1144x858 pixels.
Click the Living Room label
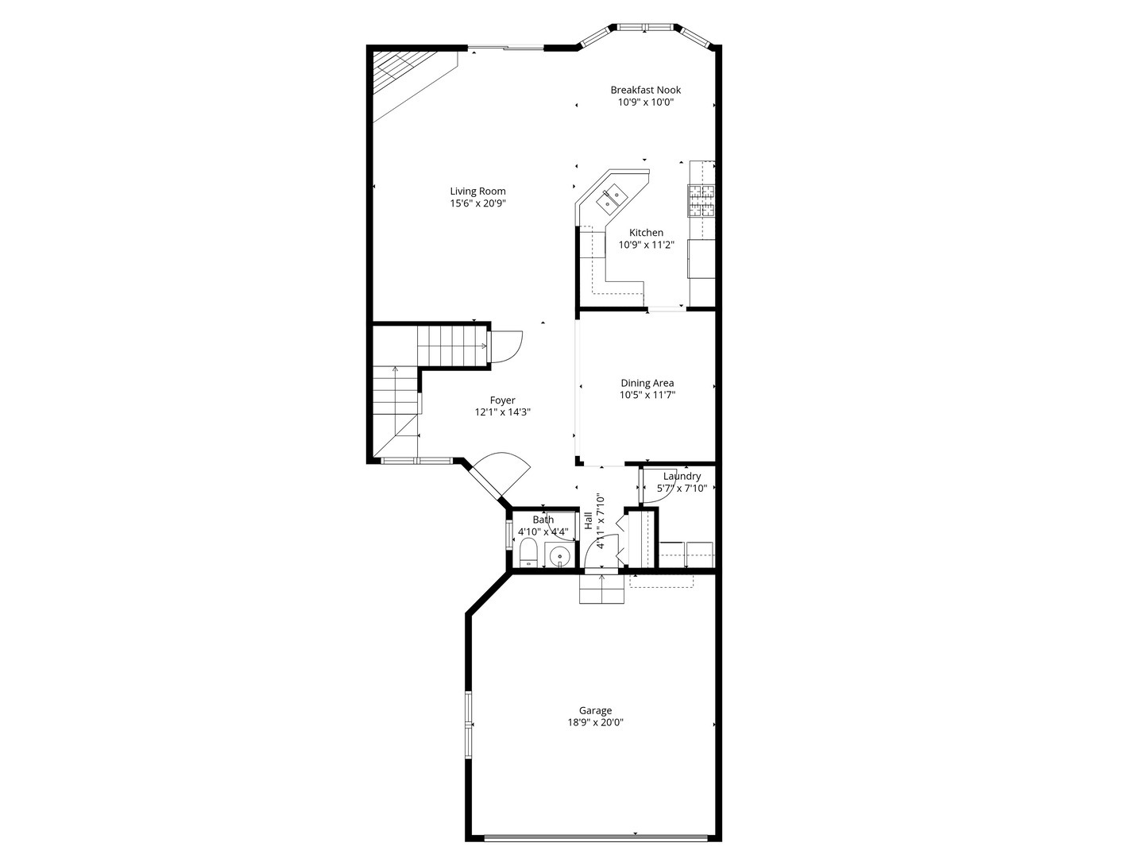pyautogui.click(x=477, y=191)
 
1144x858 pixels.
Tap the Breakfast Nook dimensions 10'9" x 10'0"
pyautogui.click(x=645, y=102)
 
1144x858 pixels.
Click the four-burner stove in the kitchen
pyautogui.click(x=701, y=200)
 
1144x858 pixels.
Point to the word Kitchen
pyautogui.click(x=646, y=233)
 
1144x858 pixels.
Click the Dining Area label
pyautogui.click(x=647, y=383)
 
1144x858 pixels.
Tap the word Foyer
pyautogui.click(x=502, y=400)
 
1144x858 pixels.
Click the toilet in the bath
pyautogui.click(x=528, y=553)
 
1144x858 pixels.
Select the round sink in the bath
pyautogui.click(x=560, y=555)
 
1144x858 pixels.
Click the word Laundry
pyautogui.click(x=682, y=476)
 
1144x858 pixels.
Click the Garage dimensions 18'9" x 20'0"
pyautogui.click(x=595, y=723)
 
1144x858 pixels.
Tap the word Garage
pyautogui.click(x=595, y=711)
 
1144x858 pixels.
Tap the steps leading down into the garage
pyautogui.click(x=601, y=589)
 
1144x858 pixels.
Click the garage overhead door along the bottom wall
pyautogui.click(x=596, y=835)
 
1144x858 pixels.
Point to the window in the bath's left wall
pyautogui.click(x=508, y=534)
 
